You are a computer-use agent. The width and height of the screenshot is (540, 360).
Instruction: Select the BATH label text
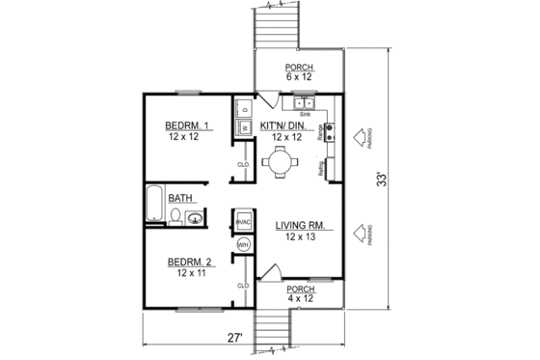pyautogui.click(x=180, y=199)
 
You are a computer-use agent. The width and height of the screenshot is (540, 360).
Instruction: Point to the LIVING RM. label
pyautogui.click(x=305, y=226)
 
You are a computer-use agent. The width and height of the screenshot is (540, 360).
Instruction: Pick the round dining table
pyautogui.click(x=279, y=164)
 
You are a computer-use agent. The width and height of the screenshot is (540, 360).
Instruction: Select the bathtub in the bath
pyautogui.click(x=154, y=206)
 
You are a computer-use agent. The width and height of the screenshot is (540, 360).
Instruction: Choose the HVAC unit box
pyautogui.click(x=242, y=222)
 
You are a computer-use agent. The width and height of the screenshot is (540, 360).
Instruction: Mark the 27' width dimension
pyautogui.click(x=233, y=338)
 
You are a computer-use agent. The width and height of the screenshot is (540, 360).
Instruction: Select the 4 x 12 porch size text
pyautogui.click(x=301, y=298)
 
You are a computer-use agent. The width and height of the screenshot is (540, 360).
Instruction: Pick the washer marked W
pyautogui.click(x=244, y=126)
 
